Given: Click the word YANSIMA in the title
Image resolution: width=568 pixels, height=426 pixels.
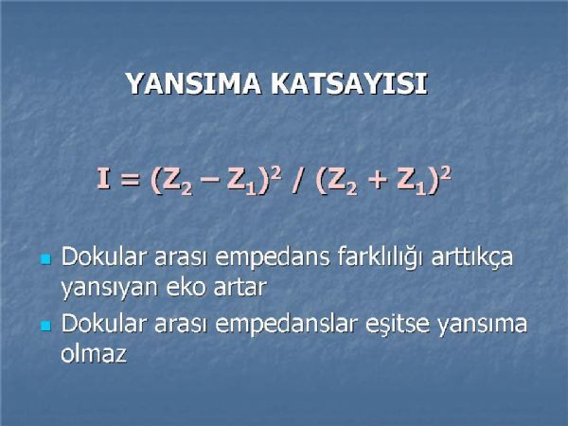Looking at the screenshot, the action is point(194,83).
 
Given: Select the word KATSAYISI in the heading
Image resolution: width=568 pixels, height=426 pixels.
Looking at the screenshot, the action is point(349,83).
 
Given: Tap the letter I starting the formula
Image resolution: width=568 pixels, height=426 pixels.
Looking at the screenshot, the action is point(103,178).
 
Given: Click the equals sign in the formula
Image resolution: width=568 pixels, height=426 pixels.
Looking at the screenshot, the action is point(130,179).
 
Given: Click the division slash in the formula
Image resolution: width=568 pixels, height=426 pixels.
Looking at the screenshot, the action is point(298,180).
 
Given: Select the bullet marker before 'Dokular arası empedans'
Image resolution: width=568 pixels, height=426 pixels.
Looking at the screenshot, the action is point(45,259).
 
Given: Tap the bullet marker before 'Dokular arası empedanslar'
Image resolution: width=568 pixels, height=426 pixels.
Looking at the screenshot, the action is point(45,326).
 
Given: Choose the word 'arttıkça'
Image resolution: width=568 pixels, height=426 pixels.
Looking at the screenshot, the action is point(472,257).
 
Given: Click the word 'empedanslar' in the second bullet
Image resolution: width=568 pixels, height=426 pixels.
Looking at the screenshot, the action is point(287,324).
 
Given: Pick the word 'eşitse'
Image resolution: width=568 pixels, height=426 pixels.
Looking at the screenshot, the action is point(398,324).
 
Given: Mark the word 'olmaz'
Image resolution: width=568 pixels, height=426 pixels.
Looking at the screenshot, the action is point(94,352).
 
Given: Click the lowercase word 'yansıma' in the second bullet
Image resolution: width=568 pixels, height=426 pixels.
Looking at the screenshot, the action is point(483,325).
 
